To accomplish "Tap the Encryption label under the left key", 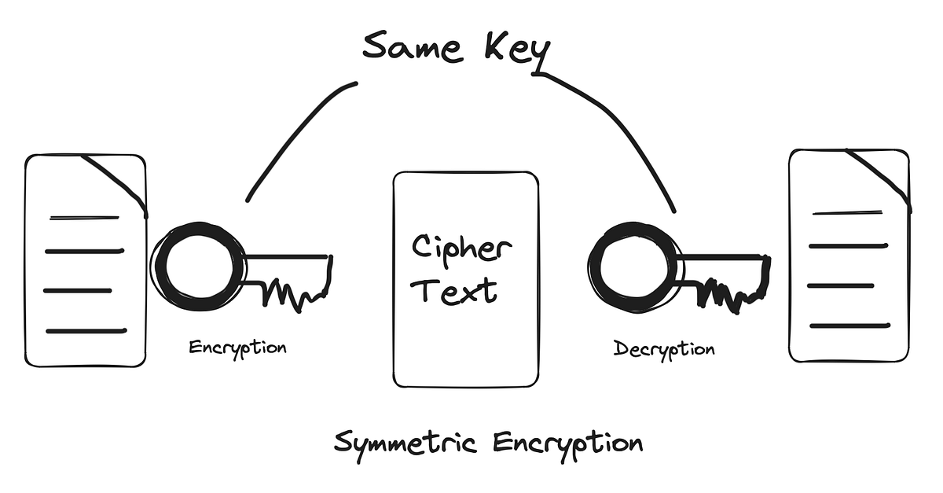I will coord(237,347).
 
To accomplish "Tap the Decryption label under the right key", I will coord(664,348).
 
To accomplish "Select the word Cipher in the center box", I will coord(462,250).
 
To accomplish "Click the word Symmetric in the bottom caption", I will coord(405,443).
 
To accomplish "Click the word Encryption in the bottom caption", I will coord(567,443).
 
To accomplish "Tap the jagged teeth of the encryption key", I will coord(295,293).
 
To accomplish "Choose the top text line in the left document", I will coord(84,217).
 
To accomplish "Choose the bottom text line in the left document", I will coord(86,331).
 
